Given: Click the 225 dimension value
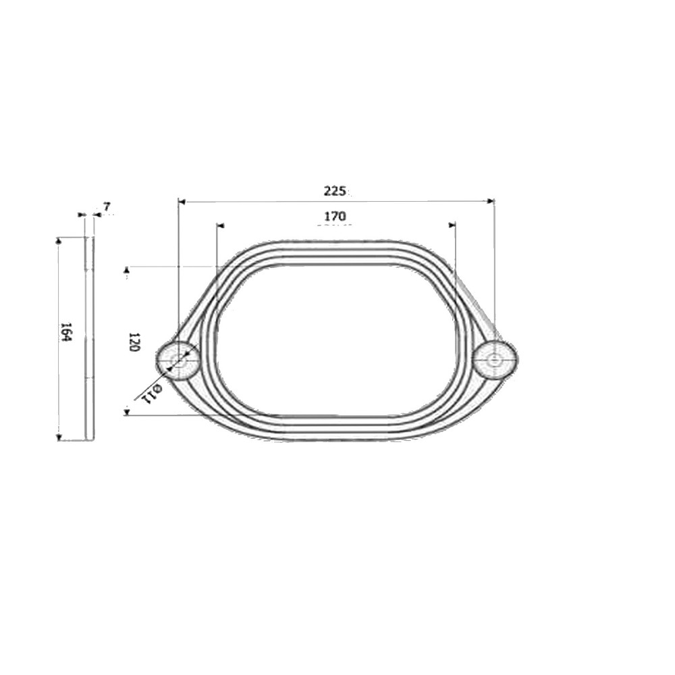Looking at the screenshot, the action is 335,191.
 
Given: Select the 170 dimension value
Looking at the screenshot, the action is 335,216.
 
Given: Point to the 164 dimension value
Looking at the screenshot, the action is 65,331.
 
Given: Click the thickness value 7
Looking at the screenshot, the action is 107,207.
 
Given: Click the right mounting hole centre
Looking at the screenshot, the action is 495,358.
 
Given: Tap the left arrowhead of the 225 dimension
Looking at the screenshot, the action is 181,201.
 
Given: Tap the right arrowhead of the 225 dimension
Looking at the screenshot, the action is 491,200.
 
